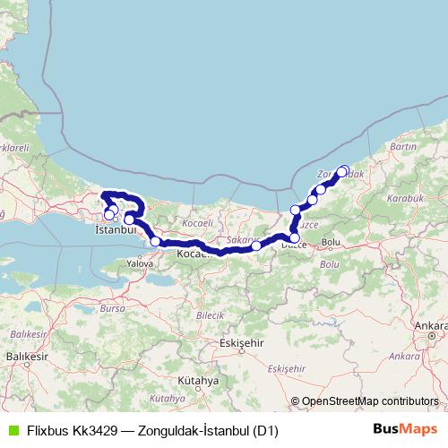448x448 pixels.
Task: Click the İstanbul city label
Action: (115, 229)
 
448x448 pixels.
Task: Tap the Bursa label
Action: (113, 307)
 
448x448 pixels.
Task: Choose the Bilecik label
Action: (210, 316)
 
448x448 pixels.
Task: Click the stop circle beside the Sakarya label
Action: (257, 246)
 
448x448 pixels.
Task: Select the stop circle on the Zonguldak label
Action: (342, 170)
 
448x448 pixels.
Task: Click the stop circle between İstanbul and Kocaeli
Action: (156, 241)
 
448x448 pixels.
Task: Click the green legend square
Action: (12, 431)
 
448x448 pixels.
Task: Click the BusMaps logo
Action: (405, 430)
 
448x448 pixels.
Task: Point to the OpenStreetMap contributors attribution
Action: (370, 402)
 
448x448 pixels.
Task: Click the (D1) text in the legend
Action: (265, 431)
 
